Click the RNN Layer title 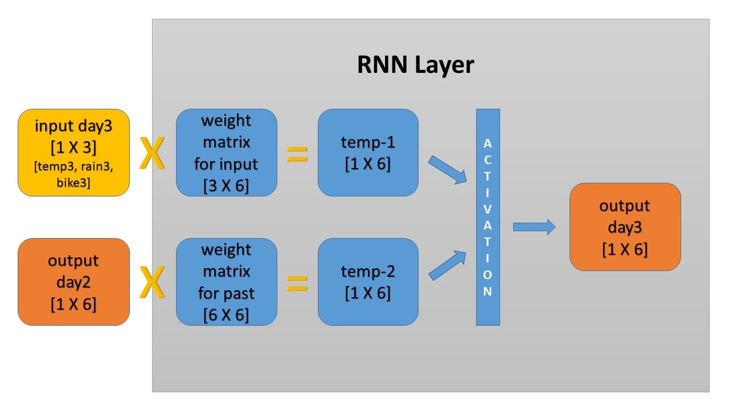click(x=415, y=65)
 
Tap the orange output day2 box click(x=74, y=281)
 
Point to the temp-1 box click(x=368, y=153)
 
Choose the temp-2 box click(x=368, y=281)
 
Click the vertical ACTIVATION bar click(x=488, y=216)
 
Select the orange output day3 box click(x=625, y=227)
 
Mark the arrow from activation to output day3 click(x=534, y=227)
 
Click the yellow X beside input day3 click(x=152, y=154)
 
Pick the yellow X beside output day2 click(x=152, y=283)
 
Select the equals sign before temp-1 click(x=297, y=154)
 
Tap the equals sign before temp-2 click(x=297, y=283)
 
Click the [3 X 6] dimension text click(x=226, y=186)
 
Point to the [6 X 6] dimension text click(x=226, y=315)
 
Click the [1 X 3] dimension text click(x=73, y=147)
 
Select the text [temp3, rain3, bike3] click(x=73, y=175)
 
